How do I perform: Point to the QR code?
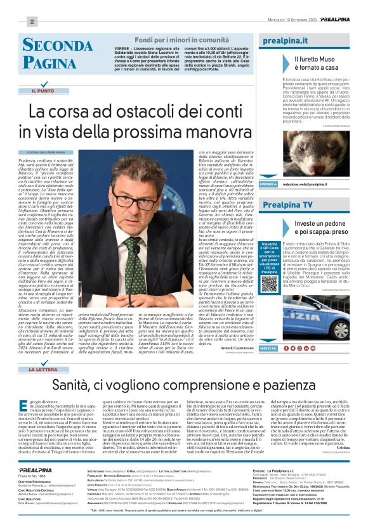point(270,283)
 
